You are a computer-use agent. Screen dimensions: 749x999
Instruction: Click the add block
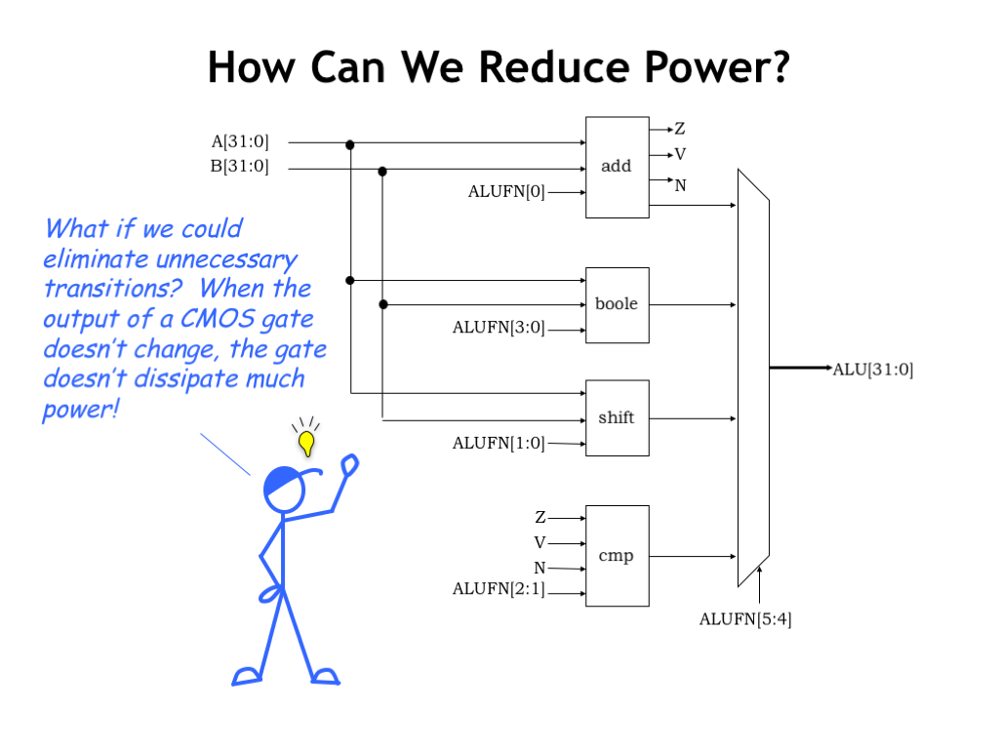click(617, 167)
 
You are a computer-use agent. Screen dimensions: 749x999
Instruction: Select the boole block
click(617, 304)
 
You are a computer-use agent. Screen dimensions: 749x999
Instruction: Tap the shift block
click(617, 417)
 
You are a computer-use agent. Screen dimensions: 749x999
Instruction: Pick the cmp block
click(617, 556)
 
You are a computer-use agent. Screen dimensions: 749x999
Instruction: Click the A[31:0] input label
click(240, 142)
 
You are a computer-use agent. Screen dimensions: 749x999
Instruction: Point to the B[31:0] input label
click(240, 166)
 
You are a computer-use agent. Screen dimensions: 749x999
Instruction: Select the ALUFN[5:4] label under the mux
click(744, 618)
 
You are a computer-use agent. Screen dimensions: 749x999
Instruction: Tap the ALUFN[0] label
click(506, 191)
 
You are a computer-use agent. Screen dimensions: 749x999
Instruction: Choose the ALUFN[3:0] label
click(499, 328)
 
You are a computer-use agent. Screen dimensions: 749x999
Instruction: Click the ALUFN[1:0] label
click(499, 443)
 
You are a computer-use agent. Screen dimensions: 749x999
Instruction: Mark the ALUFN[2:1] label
click(499, 589)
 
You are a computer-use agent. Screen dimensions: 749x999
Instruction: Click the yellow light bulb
click(306, 442)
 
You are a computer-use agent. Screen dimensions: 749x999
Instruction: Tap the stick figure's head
click(284, 489)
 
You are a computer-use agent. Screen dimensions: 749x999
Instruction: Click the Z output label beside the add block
click(679, 129)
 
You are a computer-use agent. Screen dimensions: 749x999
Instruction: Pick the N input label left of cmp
click(539, 568)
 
